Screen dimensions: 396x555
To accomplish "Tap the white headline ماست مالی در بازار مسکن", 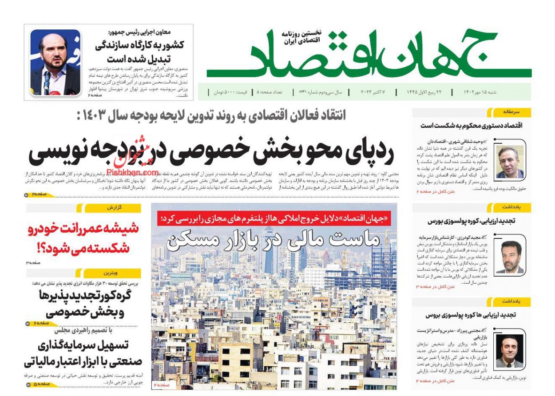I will tap(273, 240).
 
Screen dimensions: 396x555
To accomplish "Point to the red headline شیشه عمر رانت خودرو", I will tap(83, 238).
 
